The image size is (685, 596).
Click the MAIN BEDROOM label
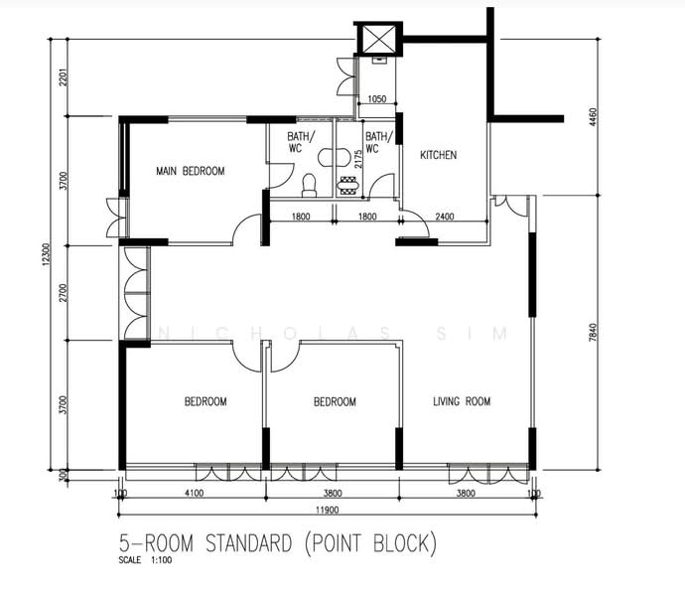191,171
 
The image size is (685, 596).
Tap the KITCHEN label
438,155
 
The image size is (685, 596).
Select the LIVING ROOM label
462,401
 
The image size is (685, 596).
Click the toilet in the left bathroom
310,185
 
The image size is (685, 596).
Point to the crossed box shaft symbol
378,39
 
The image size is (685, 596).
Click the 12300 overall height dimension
47,255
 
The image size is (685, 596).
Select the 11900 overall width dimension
328,510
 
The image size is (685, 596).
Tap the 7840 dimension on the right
593,332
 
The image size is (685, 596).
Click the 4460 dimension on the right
593,117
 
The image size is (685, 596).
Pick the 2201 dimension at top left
64,76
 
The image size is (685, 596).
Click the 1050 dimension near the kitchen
376,98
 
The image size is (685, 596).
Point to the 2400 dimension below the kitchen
445,216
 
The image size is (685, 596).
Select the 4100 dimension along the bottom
194,493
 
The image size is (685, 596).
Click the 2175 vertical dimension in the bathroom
358,159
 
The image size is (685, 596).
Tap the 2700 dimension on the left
64,292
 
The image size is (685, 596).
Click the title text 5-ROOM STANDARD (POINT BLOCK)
278,543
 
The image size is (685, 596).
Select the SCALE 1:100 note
145,560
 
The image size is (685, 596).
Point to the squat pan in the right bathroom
348,186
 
